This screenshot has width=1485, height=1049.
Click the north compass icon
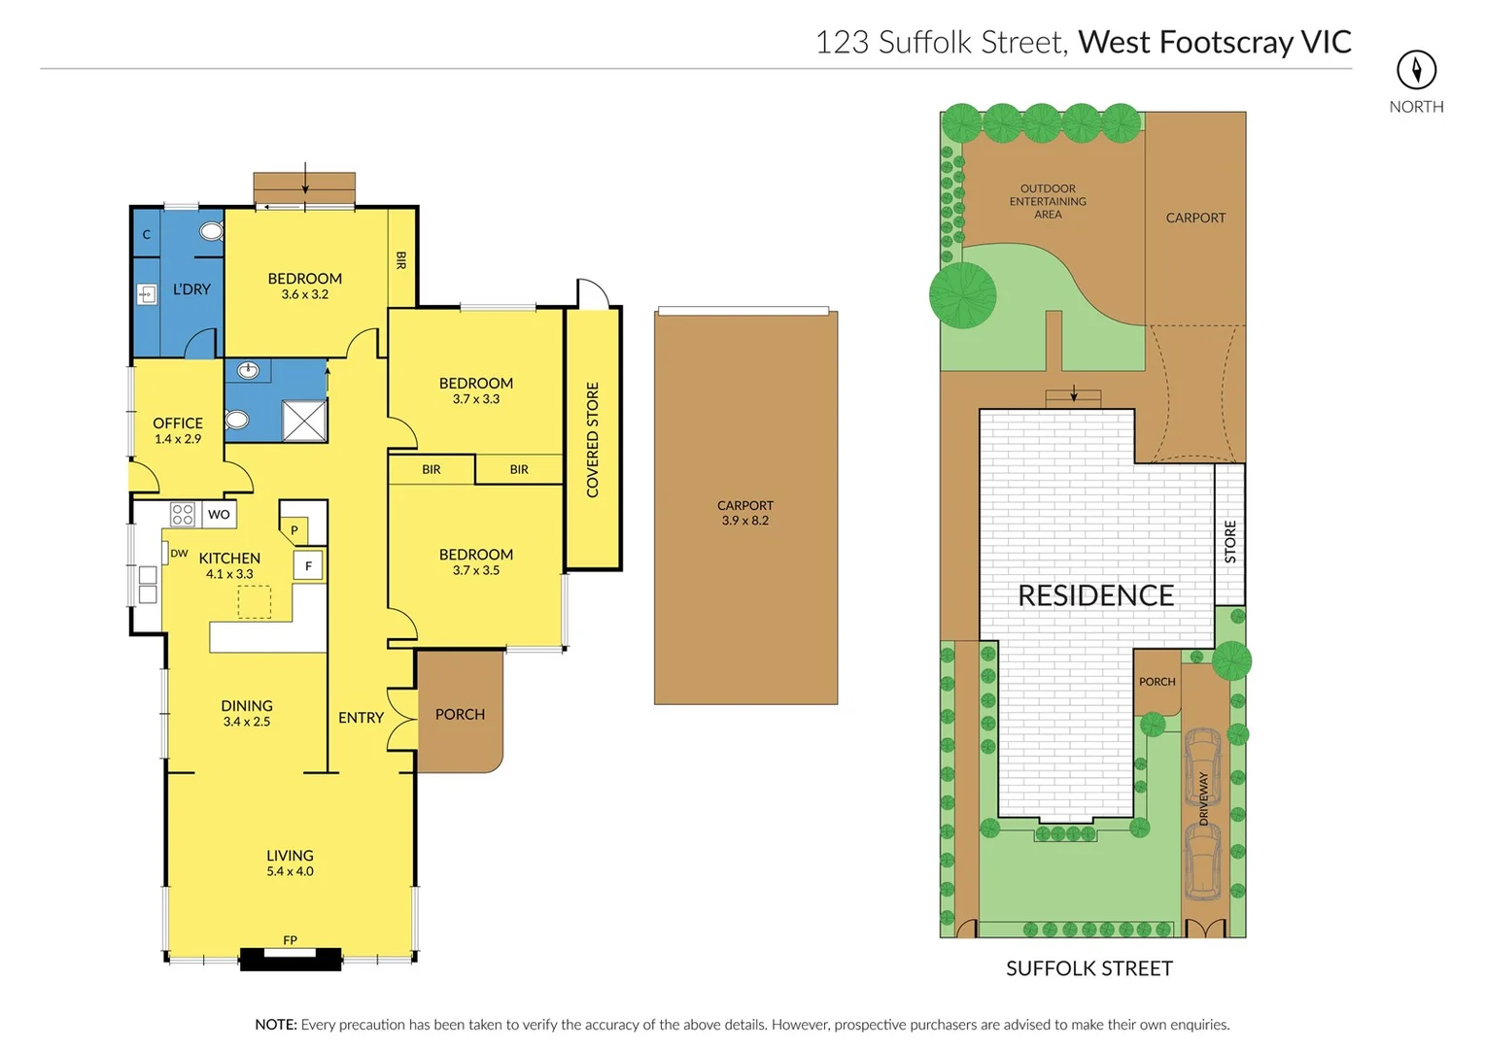(x=1416, y=70)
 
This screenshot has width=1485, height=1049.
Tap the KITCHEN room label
(x=229, y=558)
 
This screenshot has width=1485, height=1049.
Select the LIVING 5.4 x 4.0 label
(x=290, y=863)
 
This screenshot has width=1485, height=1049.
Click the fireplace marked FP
(x=291, y=957)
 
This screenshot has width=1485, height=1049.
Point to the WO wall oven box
(x=219, y=514)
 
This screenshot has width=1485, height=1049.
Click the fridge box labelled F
(x=308, y=565)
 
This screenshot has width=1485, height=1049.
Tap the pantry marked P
(x=294, y=530)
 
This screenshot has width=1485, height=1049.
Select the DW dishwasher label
(x=179, y=554)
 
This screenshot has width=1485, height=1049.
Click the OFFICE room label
(x=178, y=423)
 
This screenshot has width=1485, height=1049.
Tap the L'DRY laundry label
(x=191, y=289)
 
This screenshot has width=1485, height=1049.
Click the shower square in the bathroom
(x=304, y=421)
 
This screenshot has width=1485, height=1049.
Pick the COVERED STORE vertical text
(x=593, y=439)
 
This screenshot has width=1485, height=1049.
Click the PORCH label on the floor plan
(x=460, y=715)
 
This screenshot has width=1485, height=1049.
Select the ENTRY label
(x=361, y=718)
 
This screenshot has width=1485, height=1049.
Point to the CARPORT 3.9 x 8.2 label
(x=745, y=512)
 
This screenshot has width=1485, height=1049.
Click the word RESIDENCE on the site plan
(x=1095, y=595)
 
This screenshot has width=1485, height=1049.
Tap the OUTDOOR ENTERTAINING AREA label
(x=1048, y=201)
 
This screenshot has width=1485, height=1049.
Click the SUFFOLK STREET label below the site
(x=1088, y=968)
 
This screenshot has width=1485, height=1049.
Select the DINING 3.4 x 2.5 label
(x=247, y=712)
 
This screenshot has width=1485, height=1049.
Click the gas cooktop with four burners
(x=182, y=514)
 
